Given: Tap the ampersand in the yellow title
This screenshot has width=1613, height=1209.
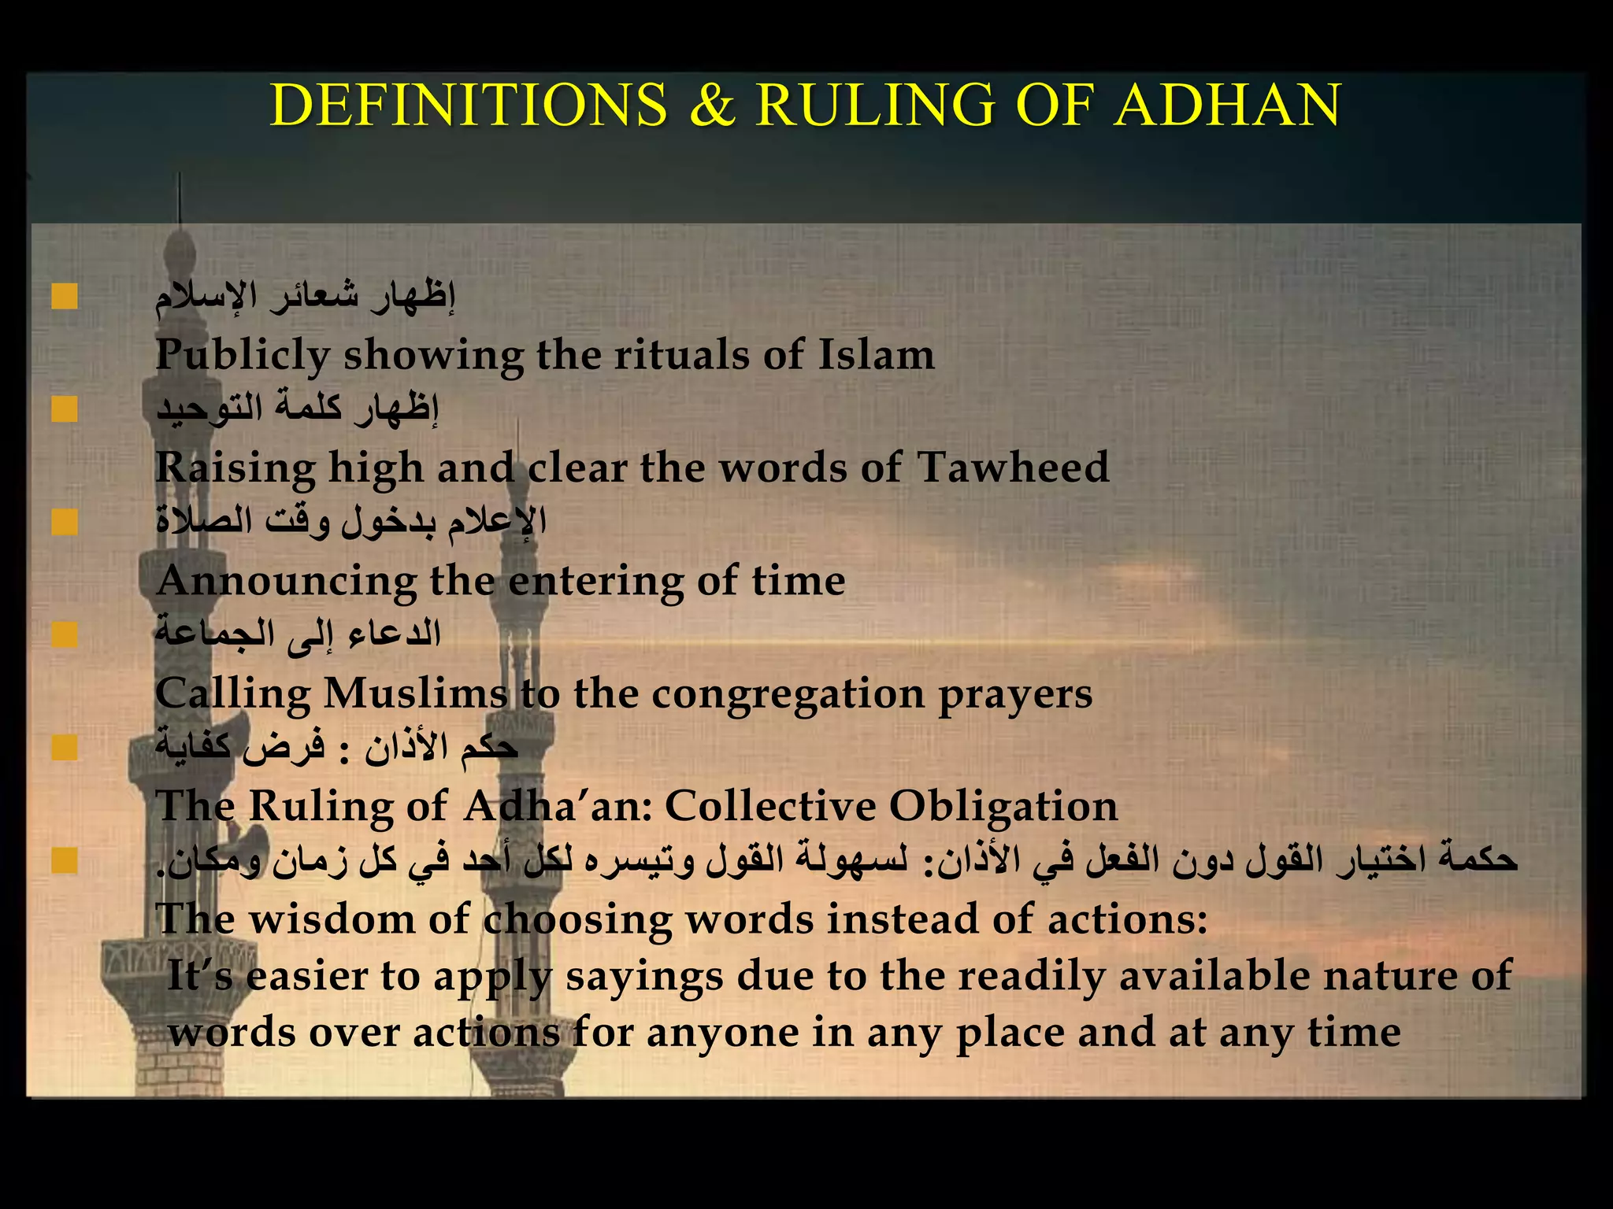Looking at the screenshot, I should pos(711,105).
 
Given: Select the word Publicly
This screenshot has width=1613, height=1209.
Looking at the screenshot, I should pos(242,355).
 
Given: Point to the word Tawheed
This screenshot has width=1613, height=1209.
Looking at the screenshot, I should pos(1013,467).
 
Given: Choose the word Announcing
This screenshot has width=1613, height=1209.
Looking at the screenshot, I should pos(286,582).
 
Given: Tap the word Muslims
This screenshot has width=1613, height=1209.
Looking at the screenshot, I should pos(415,693).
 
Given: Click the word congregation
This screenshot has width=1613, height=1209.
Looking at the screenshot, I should pos(788,695).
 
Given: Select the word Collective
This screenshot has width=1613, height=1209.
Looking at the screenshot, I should pos(769,806).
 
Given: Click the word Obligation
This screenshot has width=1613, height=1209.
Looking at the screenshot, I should pos(1003,808).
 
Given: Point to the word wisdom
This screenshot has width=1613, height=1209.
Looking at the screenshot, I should pos(332,919).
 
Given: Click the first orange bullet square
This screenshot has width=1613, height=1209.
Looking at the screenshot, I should pos(65,298).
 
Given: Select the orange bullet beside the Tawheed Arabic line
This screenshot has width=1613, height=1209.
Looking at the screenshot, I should pos(65,409).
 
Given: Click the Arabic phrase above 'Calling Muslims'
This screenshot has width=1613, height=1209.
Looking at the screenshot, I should pos(298,634).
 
